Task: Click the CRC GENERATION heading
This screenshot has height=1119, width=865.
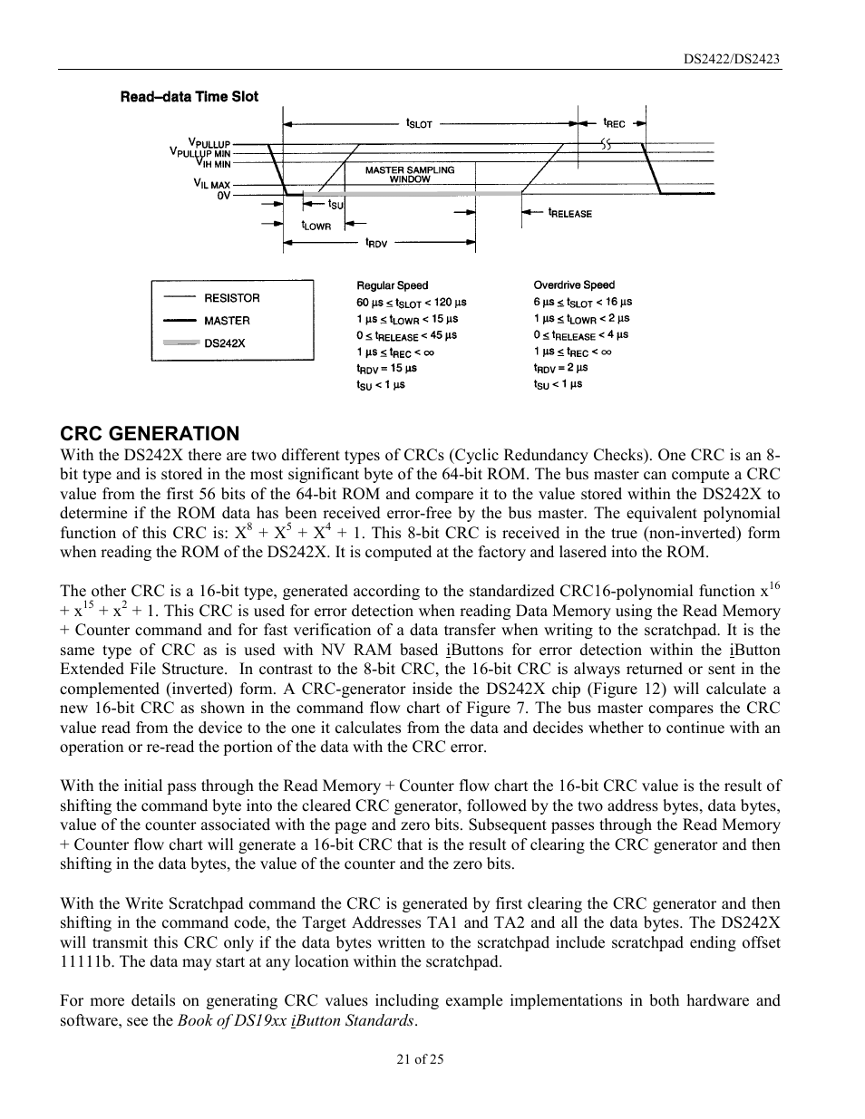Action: [x=150, y=433]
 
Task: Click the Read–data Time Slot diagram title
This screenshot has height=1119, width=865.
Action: [x=190, y=97]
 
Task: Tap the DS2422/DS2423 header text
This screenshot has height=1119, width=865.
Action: [x=732, y=59]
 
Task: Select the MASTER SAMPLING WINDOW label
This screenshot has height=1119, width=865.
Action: [x=410, y=174]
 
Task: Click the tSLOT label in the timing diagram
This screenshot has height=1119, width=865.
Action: [x=419, y=123]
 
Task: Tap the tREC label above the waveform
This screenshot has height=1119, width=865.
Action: [x=614, y=122]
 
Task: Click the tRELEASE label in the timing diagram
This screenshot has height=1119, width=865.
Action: [x=569, y=213]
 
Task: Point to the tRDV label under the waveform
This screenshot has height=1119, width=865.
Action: [x=376, y=243]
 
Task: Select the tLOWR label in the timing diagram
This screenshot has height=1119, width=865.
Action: [x=316, y=226]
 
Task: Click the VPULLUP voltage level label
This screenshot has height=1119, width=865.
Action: [x=209, y=142]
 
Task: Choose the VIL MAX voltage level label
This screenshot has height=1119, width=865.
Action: [x=212, y=184]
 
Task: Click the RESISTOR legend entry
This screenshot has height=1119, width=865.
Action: [x=231, y=298]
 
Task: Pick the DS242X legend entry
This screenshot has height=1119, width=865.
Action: [x=224, y=343]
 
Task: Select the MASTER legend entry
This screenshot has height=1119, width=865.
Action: [x=227, y=321]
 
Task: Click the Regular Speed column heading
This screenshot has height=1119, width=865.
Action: [x=392, y=285]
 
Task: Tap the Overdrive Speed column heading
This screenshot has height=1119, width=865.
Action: [x=574, y=285]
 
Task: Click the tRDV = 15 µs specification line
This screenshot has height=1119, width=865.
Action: [x=386, y=368]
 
